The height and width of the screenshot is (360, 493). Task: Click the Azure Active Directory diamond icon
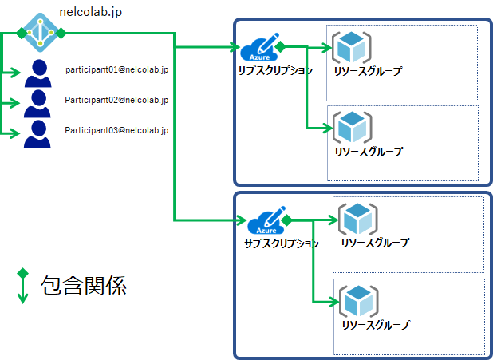(37, 32)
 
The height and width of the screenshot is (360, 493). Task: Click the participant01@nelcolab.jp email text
(116, 69)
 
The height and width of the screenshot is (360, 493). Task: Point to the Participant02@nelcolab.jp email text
(116, 100)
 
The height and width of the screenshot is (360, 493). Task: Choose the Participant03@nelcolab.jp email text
(116, 129)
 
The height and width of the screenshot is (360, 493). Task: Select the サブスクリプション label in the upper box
(274, 70)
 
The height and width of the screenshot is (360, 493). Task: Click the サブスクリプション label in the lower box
(282, 243)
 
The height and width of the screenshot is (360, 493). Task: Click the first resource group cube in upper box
(352, 49)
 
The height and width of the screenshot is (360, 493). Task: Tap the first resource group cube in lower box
(358, 220)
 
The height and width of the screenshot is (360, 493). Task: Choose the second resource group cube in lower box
(358, 301)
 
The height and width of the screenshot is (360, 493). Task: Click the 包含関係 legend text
(84, 285)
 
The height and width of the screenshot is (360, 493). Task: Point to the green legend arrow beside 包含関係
(22, 286)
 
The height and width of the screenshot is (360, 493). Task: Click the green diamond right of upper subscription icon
(279, 47)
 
